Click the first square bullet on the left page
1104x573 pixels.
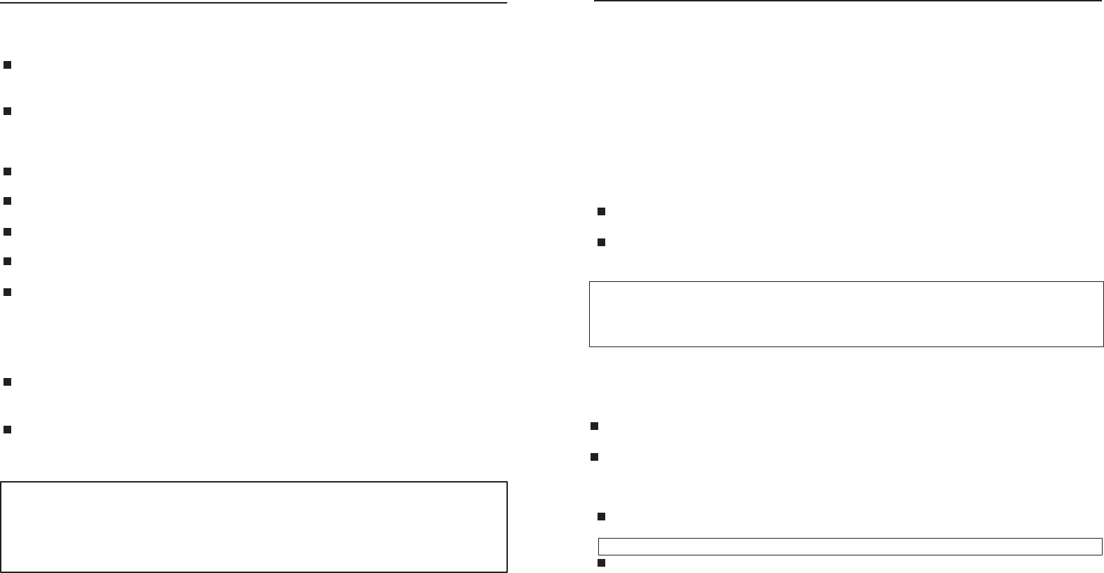click(x=7, y=65)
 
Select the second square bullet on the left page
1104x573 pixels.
click(x=7, y=112)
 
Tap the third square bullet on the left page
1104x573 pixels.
click(x=7, y=171)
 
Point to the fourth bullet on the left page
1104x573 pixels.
click(x=7, y=201)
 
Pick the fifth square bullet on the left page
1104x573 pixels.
click(x=7, y=231)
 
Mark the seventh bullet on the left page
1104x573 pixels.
click(x=7, y=291)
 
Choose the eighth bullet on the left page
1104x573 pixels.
click(x=7, y=382)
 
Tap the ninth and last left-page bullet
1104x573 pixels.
click(x=7, y=429)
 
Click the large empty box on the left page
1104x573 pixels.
click(x=254, y=527)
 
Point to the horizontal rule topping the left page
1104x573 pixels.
click(x=254, y=3)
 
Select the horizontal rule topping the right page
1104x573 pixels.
click(x=848, y=1)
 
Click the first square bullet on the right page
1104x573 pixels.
click(x=601, y=212)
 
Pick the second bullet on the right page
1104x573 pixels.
click(x=601, y=243)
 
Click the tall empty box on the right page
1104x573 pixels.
click(x=846, y=314)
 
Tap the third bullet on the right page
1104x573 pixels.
click(x=594, y=426)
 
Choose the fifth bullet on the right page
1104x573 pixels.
click(x=601, y=517)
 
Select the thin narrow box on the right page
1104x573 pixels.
click(x=850, y=546)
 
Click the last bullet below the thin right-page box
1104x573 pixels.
click(x=601, y=564)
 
